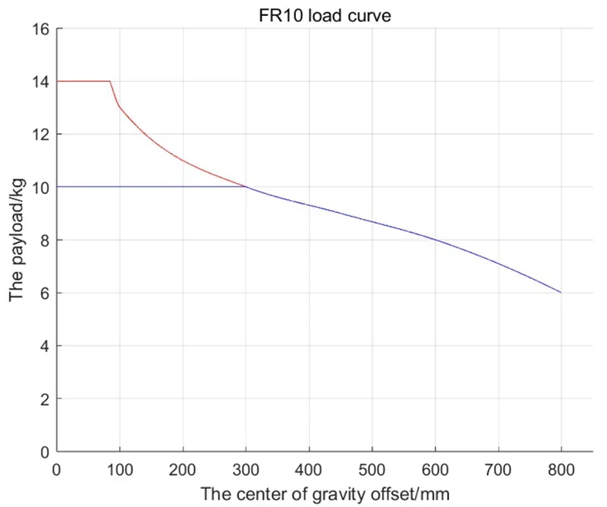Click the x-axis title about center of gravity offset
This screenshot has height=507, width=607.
point(325,494)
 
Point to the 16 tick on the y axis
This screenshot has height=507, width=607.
point(40,29)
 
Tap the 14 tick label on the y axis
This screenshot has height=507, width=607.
point(40,82)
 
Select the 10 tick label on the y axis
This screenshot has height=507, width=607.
point(40,187)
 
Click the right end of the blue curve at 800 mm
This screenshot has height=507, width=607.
point(561,293)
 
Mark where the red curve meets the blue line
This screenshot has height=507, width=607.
point(245,186)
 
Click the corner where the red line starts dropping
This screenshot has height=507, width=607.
point(110,81)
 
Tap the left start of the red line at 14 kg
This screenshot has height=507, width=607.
point(57,81)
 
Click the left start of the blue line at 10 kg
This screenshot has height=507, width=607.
point(57,186)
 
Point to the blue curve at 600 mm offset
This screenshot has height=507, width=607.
point(435,239)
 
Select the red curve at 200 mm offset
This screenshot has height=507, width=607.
point(182,160)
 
